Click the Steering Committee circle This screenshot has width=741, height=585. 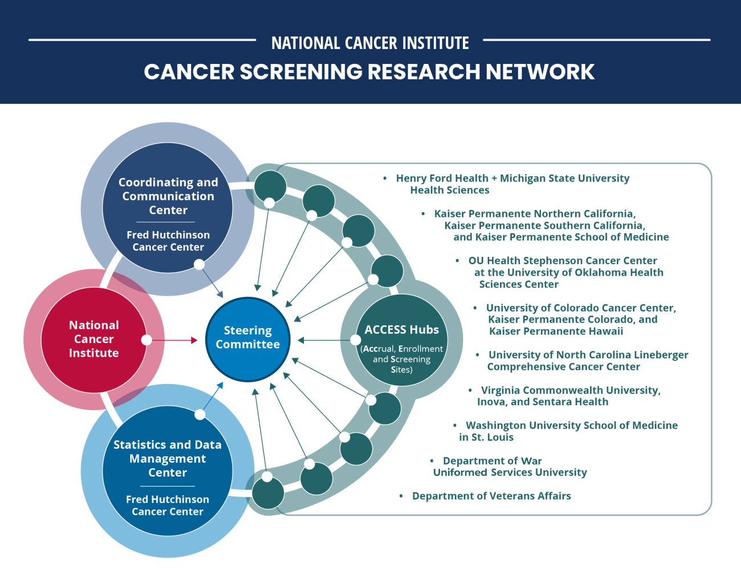tap(247, 339)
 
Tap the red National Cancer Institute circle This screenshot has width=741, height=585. tap(94, 339)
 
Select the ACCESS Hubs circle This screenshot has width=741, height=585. tap(402, 340)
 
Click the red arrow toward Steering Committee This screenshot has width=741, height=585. tap(174, 340)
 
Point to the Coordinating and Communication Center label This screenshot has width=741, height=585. tap(168, 196)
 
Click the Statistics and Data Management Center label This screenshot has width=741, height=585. tap(168, 458)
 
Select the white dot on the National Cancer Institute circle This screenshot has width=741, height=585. tap(146, 340)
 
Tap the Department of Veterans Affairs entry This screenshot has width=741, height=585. tap(491, 496)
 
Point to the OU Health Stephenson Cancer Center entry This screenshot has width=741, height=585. tap(565, 272)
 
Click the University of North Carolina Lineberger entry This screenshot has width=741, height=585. tap(587, 361)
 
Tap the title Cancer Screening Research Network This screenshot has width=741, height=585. tap(369, 72)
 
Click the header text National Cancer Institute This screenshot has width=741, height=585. tap(370, 43)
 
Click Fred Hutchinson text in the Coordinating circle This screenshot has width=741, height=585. tap(168, 241)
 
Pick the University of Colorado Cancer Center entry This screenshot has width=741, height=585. tap(580, 320)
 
